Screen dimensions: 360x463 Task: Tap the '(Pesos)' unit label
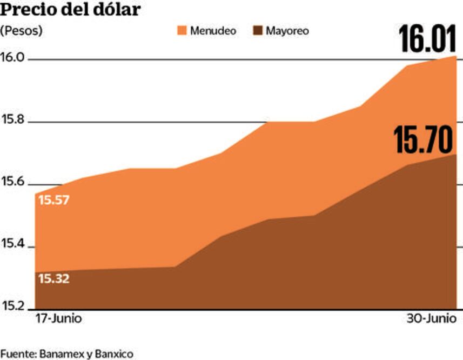tap(21, 31)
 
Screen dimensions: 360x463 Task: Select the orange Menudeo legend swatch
tap(182, 31)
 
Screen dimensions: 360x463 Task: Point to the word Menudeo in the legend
tap(213, 31)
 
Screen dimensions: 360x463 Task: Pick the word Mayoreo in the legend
tap(288, 31)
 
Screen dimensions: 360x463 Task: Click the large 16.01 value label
tap(427, 39)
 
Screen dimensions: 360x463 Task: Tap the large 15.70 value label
tap(422, 140)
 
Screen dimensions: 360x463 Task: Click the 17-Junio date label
tap(58, 318)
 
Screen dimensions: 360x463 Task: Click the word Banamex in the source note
tap(62, 354)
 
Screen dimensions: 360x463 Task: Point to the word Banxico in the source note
tap(114, 354)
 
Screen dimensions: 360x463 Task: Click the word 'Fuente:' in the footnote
tap(18, 354)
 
